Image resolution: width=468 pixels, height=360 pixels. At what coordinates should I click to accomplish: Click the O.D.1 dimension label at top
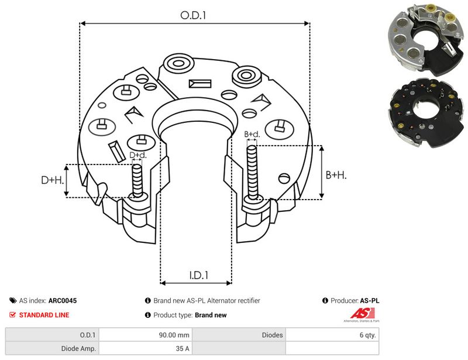[193, 15]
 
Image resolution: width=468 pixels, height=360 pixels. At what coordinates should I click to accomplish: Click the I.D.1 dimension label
[199, 275]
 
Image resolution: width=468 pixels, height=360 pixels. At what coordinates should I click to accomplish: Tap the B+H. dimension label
[336, 175]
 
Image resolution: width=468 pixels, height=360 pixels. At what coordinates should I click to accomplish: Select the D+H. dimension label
[53, 180]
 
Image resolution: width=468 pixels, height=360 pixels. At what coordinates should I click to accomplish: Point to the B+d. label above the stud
[252, 134]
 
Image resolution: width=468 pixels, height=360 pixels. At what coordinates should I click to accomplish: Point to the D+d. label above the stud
[138, 155]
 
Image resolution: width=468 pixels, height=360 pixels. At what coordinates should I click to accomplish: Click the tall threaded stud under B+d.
[253, 173]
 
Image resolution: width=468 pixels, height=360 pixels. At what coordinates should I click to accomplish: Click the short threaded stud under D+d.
[137, 181]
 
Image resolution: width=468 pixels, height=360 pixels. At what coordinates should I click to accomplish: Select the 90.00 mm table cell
[174, 335]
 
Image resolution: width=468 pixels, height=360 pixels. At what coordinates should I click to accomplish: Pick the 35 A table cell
[183, 348]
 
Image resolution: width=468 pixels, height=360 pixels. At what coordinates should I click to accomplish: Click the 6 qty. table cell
[367, 335]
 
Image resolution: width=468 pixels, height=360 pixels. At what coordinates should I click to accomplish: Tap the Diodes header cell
[272, 335]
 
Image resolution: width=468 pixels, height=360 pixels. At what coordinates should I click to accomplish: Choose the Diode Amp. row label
[78, 348]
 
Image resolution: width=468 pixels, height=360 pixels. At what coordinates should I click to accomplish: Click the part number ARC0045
[63, 300]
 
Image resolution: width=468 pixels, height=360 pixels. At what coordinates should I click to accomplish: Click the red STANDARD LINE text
[44, 315]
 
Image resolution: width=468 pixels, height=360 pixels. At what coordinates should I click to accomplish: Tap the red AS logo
[362, 313]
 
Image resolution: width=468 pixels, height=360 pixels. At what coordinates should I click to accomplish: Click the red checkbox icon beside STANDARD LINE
[12, 314]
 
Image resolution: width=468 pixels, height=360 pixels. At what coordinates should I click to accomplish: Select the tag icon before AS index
[13, 300]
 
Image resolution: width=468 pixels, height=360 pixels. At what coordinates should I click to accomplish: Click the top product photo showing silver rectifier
[426, 40]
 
